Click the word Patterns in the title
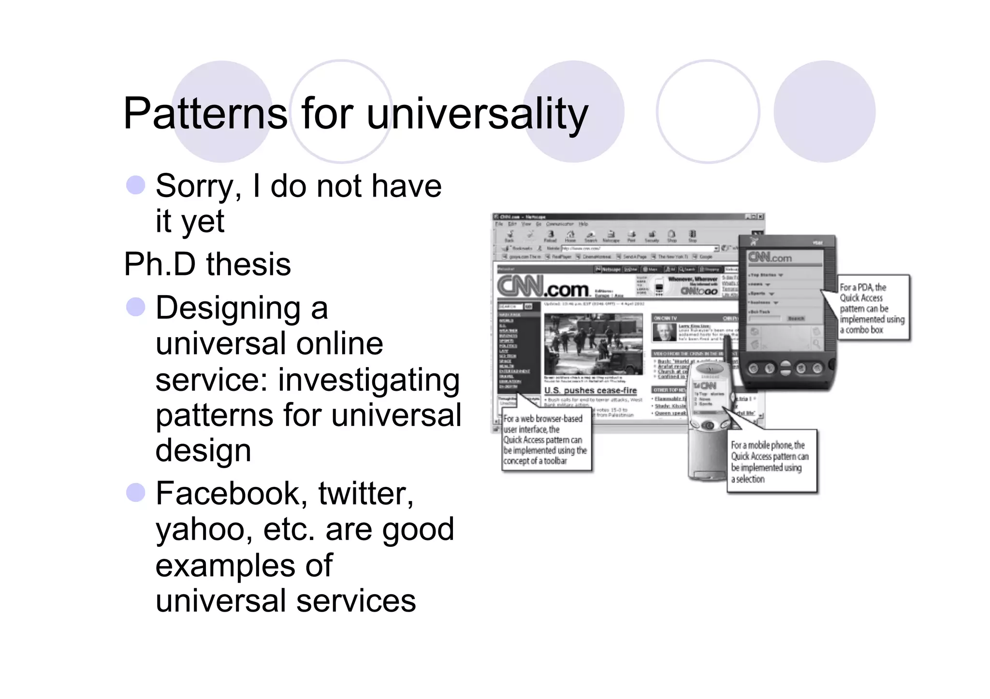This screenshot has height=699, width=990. (x=205, y=114)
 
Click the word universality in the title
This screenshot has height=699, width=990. (x=477, y=114)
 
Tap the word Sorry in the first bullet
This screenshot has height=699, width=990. (x=197, y=186)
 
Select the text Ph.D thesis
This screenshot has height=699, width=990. (x=207, y=264)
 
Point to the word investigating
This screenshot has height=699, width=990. (x=368, y=380)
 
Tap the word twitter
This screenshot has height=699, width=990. (x=365, y=494)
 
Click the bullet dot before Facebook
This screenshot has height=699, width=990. (x=135, y=493)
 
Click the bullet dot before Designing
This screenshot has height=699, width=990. (x=135, y=307)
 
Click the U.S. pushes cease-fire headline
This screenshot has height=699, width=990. (x=590, y=390)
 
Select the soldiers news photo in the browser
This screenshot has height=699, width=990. (x=593, y=344)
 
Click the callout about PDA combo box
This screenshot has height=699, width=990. (x=873, y=308)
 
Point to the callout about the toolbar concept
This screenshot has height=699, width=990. (x=545, y=440)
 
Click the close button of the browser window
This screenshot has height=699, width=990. (x=760, y=216)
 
